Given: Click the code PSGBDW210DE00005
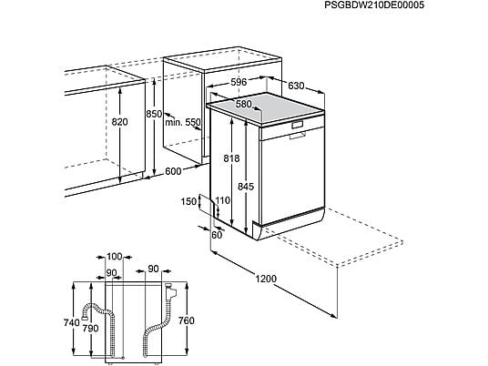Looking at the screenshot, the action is tap(374, 5).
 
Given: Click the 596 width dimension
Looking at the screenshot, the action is tap(239, 82).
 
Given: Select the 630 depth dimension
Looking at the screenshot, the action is tap(296, 86).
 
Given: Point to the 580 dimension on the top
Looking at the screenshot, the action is tap(243, 104).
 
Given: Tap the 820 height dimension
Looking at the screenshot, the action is tap(119, 122).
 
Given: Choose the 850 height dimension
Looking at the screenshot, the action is tap(155, 114).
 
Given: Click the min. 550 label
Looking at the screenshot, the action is tap(183, 122).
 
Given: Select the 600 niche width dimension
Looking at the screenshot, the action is tap(173, 171).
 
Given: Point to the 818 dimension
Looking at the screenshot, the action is tap(232, 158).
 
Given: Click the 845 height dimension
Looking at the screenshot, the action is tap(246, 187).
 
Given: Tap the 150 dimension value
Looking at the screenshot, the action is tap(188, 202).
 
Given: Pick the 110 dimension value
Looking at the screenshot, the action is tap(223, 200).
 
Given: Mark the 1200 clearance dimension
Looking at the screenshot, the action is tap(266, 279).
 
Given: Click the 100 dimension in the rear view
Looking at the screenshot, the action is tap(115, 257).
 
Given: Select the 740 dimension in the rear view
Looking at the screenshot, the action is tap(72, 322).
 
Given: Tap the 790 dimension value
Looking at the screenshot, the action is tap(90, 328).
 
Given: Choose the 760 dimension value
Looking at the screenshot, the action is tap(186, 320).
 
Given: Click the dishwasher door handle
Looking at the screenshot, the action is tap(297, 136).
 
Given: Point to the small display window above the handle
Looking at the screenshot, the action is tap(297, 125).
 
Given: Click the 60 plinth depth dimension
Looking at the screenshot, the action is tap(217, 235).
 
